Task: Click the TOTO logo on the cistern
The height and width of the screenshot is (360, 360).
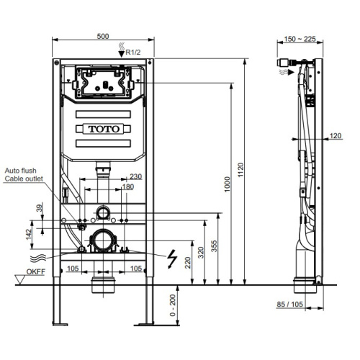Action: point(104,129)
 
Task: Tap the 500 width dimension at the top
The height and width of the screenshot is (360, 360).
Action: point(103,36)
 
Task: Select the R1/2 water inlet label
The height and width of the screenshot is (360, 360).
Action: point(133,52)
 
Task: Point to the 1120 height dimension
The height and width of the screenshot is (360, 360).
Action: point(240,170)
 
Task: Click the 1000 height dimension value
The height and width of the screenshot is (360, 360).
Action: point(227,184)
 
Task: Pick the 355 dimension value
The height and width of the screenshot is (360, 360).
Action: point(214,246)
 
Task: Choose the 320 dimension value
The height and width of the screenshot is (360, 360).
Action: point(201,253)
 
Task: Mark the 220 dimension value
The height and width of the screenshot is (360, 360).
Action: point(188,263)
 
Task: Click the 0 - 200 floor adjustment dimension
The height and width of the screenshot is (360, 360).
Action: point(173,305)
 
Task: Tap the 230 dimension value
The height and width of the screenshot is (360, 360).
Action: point(136,176)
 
